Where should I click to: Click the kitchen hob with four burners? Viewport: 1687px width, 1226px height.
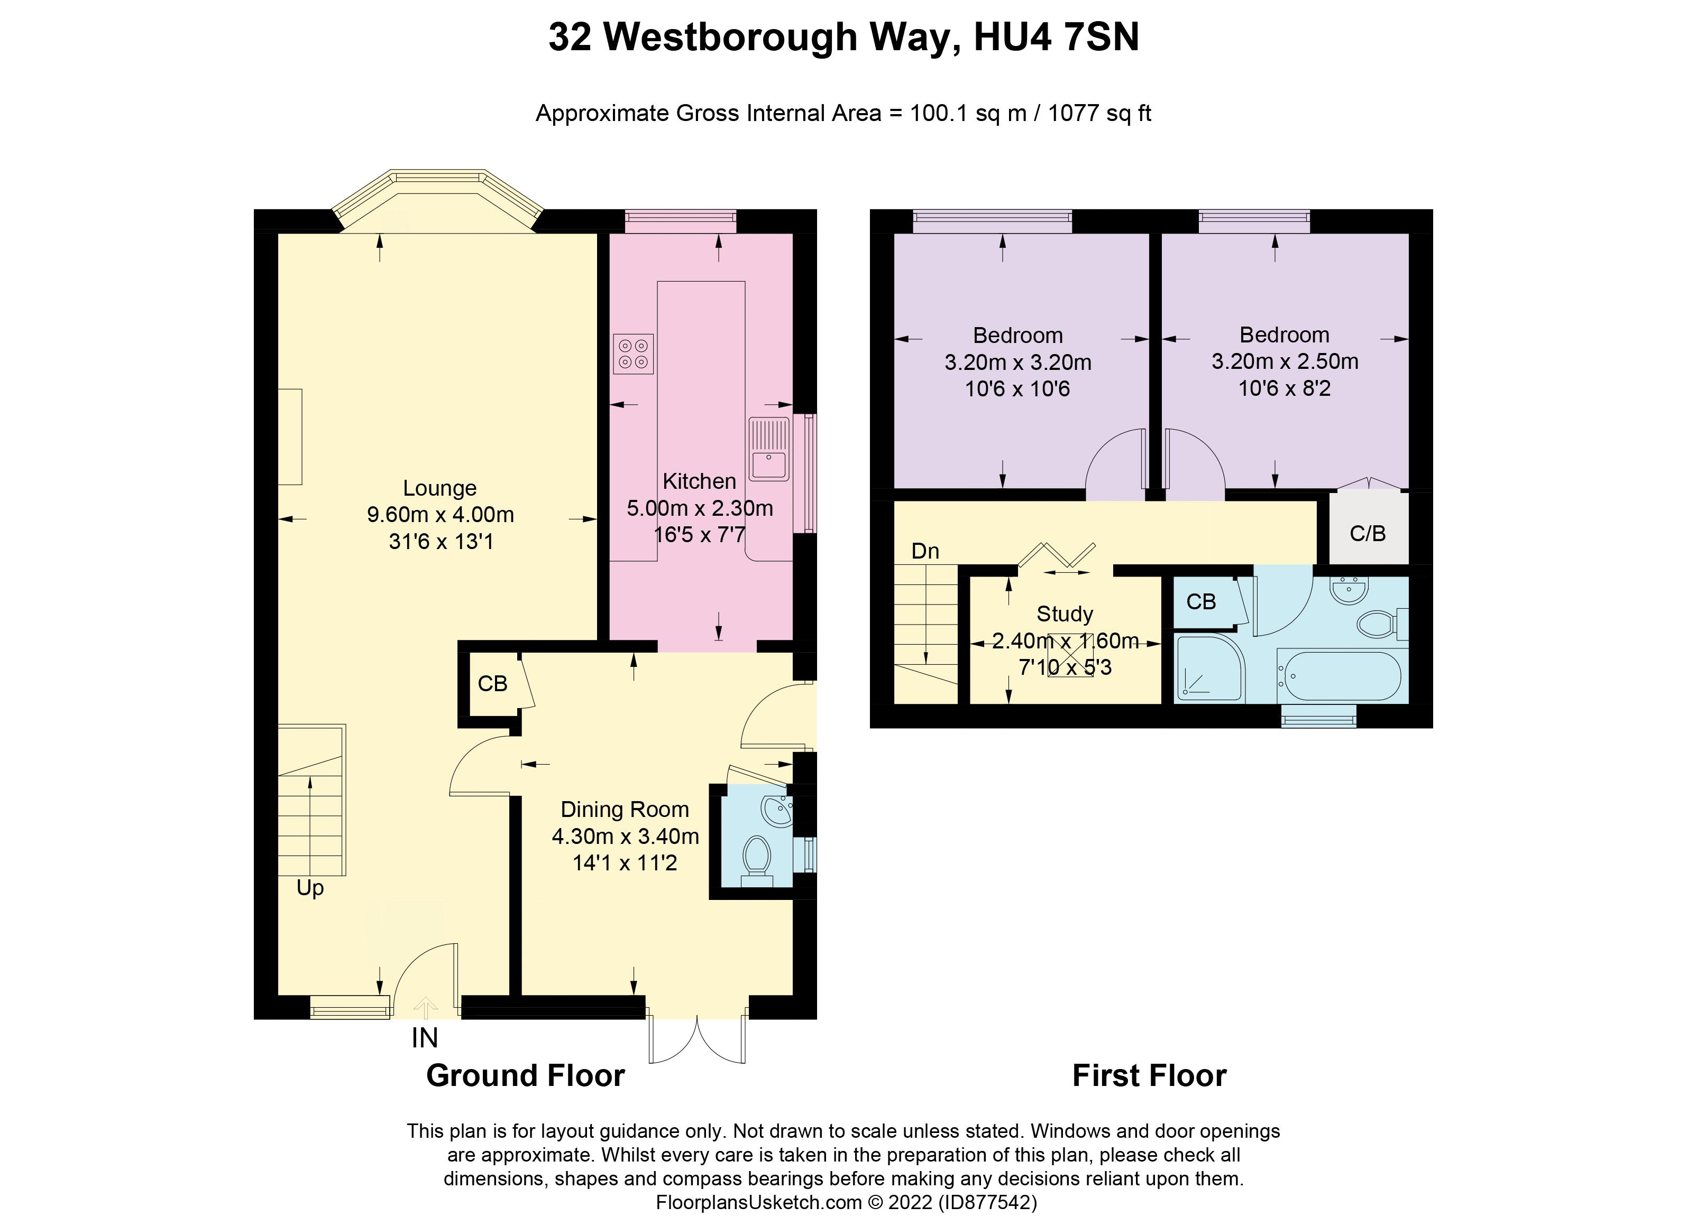[633, 354]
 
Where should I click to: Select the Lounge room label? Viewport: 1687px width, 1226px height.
[439, 488]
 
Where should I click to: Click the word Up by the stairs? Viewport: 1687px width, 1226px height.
[310, 888]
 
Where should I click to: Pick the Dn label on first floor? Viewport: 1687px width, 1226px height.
[925, 551]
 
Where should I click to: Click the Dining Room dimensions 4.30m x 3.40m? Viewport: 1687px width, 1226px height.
[625, 837]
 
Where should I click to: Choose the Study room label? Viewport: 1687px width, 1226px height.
[1065, 614]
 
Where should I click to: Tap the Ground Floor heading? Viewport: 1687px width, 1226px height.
[525, 1076]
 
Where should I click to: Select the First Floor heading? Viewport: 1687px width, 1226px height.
[1149, 1076]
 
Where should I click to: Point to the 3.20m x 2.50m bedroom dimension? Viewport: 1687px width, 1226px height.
[1285, 361]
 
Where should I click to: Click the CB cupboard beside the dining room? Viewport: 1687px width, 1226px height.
[492, 683]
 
